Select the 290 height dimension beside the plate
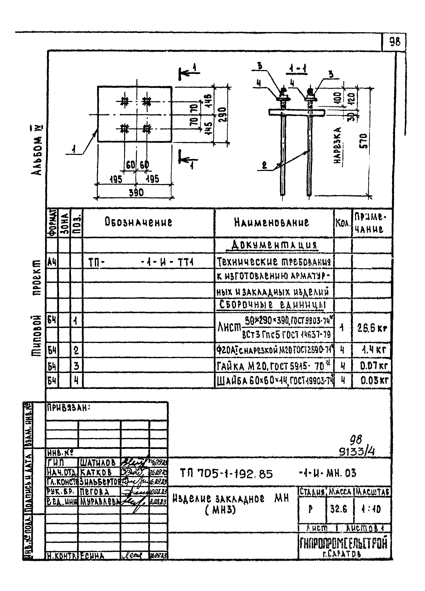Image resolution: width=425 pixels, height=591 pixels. (x=224, y=115)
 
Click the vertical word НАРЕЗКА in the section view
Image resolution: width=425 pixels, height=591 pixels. (x=338, y=145)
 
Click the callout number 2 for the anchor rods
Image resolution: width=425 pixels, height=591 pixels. (x=264, y=166)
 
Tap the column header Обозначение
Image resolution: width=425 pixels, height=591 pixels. (x=138, y=222)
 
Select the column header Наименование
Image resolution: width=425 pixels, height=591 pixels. (x=272, y=223)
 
